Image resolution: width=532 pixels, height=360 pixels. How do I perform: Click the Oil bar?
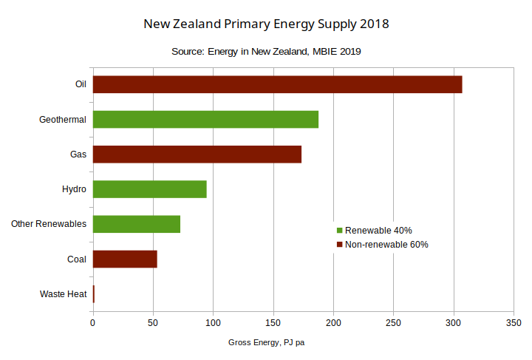(277, 84)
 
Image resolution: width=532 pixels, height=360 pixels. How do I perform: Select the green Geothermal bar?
(205, 119)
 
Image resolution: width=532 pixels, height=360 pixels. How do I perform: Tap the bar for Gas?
(197, 154)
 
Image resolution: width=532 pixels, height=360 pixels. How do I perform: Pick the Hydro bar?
(149, 189)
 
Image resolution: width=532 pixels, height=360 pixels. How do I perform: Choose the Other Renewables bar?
(137, 224)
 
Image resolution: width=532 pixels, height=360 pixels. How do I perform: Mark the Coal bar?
(125, 259)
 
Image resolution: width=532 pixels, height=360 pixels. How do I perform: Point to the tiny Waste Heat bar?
(94, 294)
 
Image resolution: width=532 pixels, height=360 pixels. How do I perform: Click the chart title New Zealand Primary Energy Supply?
(266, 24)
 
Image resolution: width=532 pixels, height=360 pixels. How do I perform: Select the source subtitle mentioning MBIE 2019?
(266, 52)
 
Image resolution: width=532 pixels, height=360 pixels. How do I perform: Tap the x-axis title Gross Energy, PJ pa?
(266, 342)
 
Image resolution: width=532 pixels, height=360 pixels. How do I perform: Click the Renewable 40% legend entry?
(378, 231)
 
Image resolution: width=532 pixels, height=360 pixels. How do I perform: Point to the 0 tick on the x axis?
(93, 323)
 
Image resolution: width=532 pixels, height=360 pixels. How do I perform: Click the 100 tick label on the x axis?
(213, 323)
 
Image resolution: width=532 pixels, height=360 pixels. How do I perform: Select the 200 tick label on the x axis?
(333, 323)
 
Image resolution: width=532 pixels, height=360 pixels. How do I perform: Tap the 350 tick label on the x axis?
(514, 323)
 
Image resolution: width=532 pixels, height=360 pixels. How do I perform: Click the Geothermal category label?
(63, 120)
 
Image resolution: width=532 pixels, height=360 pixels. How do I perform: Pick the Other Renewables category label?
(49, 224)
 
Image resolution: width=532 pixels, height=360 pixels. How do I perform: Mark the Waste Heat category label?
(63, 294)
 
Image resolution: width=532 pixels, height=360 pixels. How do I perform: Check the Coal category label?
(77, 259)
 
